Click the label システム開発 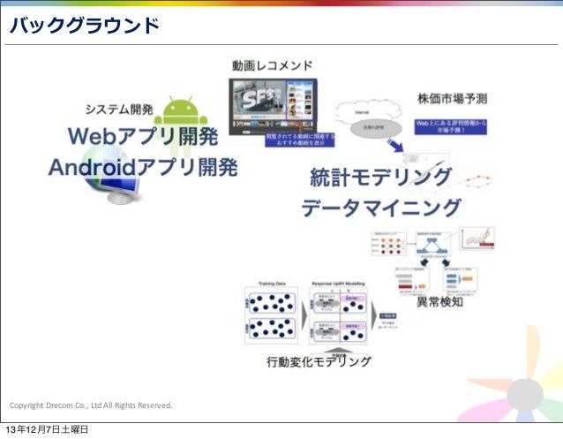click(x=118, y=110)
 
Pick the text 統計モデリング click(x=381, y=178)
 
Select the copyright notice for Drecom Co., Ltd click(x=91, y=405)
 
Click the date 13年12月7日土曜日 click(x=49, y=430)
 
